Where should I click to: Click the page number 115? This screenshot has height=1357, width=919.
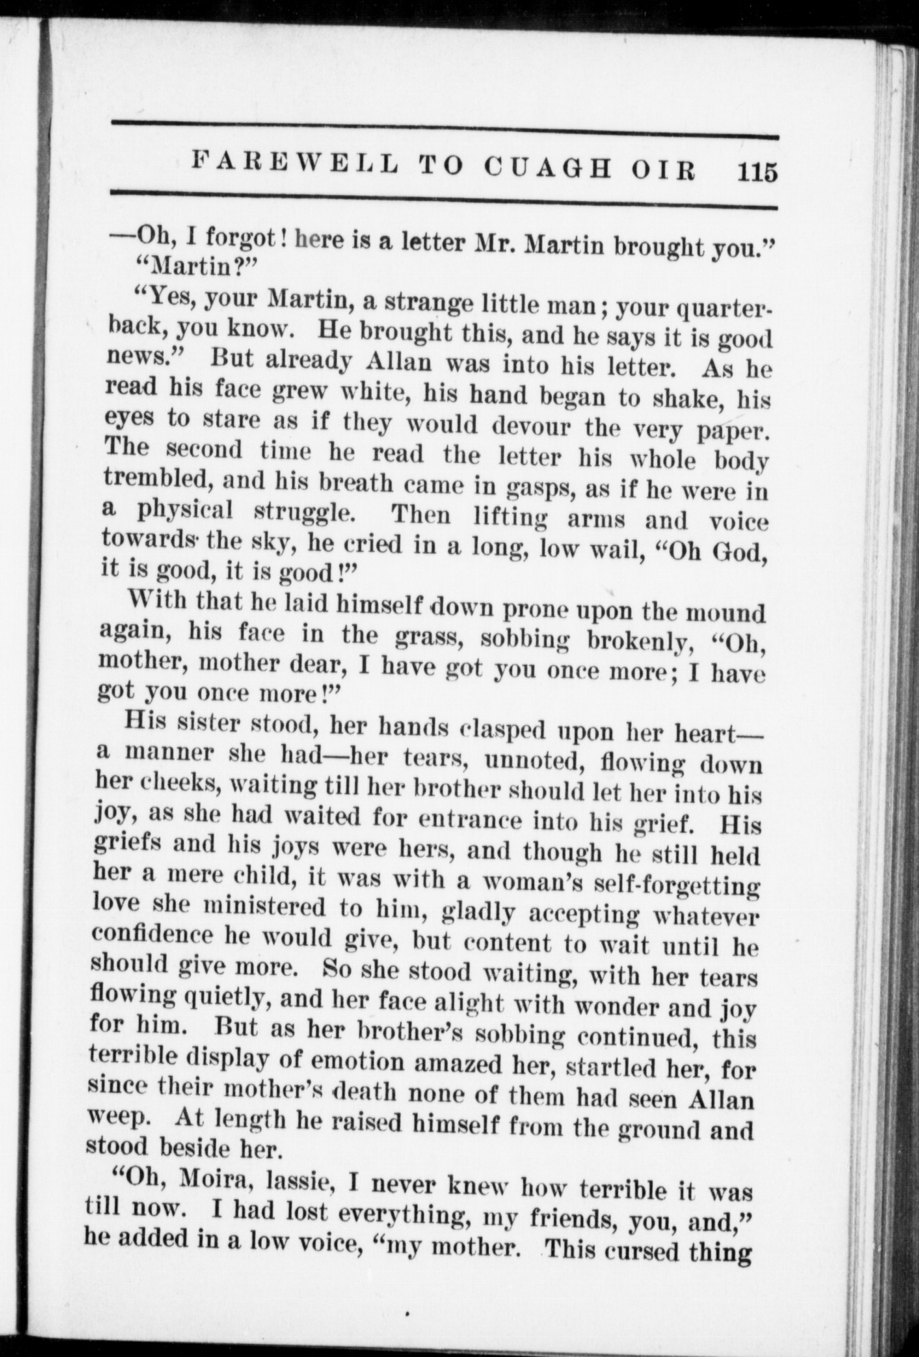(758, 171)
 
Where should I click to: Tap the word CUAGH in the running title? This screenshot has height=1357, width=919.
(546, 168)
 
